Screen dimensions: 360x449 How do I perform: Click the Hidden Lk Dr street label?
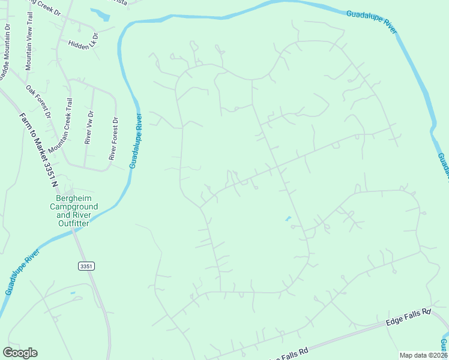[x=82, y=44]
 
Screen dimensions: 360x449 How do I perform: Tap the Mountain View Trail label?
[x=28, y=47]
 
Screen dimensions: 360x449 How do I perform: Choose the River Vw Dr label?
[x=89, y=128]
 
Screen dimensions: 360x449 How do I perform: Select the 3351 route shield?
[x=86, y=266]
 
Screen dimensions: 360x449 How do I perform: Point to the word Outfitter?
[x=73, y=223]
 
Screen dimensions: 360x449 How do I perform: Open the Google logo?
[x=20, y=353]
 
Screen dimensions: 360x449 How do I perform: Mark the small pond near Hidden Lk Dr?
[x=101, y=13]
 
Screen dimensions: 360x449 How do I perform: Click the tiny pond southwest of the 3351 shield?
[x=73, y=293]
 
